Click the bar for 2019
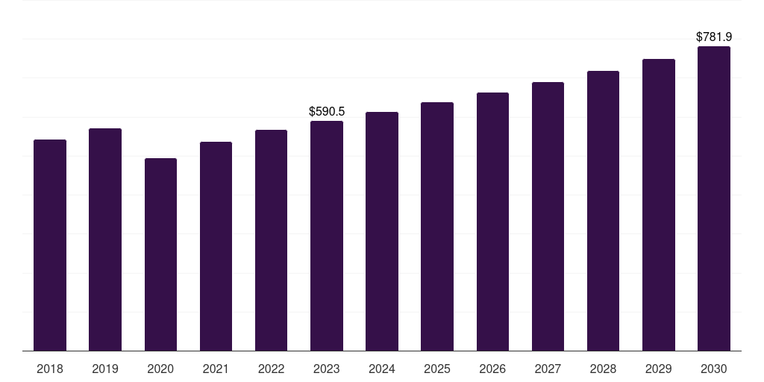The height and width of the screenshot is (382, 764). (x=105, y=239)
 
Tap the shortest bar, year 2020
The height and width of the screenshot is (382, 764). (x=160, y=254)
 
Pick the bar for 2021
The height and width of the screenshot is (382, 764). (x=216, y=246)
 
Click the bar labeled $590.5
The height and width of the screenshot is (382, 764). (x=327, y=236)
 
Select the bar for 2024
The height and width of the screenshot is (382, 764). (x=382, y=231)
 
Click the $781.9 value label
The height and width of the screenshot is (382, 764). (x=714, y=37)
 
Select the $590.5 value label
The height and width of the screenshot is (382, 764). (x=327, y=111)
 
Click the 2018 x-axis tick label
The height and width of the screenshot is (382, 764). (x=50, y=369)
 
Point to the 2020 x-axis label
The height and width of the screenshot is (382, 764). (x=160, y=369)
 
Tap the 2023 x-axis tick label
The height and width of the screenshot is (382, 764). (x=327, y=369)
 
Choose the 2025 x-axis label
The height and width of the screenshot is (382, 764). (x=437, y=369)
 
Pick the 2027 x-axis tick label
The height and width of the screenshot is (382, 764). (x=548, y=369)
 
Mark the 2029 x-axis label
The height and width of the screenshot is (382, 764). (x=659, y=369)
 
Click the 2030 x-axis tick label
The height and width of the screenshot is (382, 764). (x=714, y=369)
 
